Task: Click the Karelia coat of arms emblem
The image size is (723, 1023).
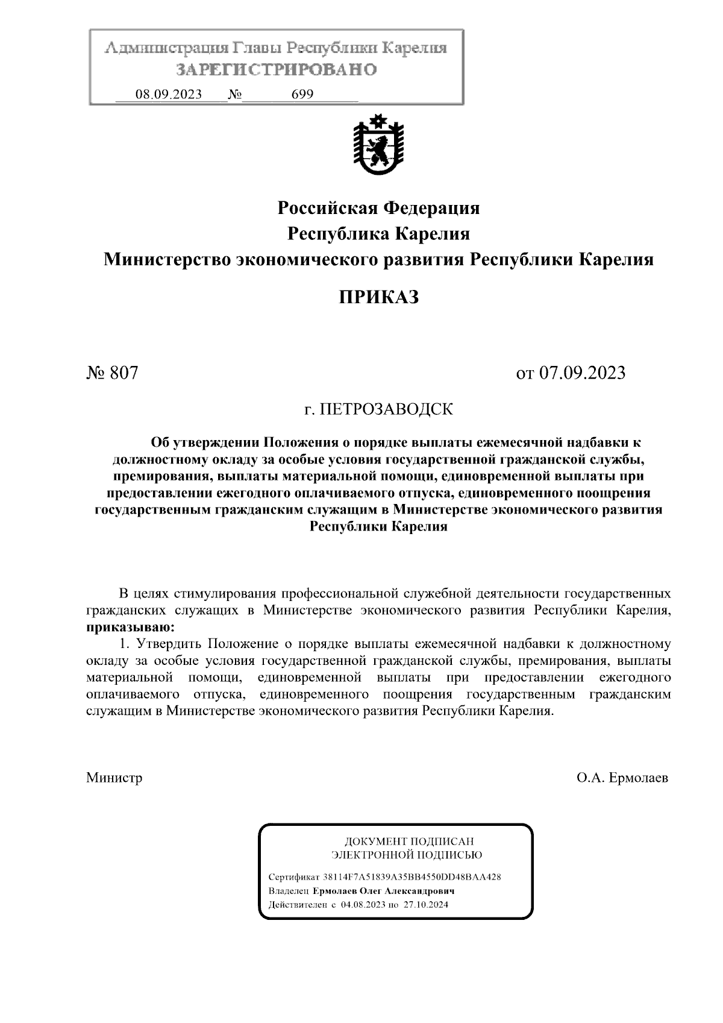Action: click(378, 143)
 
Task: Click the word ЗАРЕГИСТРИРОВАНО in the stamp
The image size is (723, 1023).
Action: click(277, 70)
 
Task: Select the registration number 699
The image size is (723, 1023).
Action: click(302, 95)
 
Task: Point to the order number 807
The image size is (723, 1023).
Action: click(124, 373)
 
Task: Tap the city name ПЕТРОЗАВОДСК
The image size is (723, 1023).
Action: click(386, 410)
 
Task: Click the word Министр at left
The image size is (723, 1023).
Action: click(114, 778)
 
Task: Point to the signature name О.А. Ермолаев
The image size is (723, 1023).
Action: click(622, 778)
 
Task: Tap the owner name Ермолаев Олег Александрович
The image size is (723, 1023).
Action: click(384, 891)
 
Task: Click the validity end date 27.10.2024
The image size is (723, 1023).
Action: click(425, 905)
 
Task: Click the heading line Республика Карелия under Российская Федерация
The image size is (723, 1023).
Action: click(378, 234)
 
